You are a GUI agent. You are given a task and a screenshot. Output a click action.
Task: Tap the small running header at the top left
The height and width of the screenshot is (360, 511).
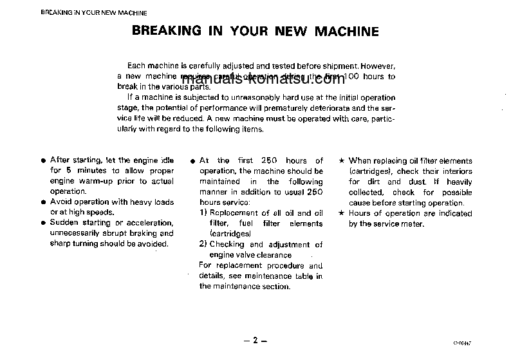[x=94, y=13]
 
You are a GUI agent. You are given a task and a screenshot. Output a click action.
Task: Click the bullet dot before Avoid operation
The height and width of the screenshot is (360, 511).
[x=42, y=202]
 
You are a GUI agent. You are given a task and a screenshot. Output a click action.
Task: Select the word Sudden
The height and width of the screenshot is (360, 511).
[x=64, y=223]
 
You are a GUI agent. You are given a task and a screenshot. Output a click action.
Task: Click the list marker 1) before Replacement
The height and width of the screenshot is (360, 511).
[x=203, y=213]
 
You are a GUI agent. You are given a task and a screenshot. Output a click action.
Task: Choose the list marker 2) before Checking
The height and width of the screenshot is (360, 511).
[x=203, y=245]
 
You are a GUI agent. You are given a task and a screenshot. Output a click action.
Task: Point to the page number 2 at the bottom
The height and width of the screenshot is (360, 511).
[x=255, y=341]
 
